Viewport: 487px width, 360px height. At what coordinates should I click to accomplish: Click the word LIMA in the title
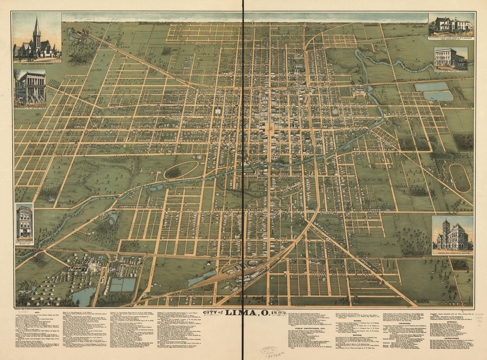(241, 312)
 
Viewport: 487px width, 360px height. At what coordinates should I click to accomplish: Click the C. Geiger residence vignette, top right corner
(451, 24)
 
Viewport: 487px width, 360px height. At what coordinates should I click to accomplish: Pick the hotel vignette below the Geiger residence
(450, 58)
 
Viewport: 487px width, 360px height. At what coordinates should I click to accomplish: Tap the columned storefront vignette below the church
(30, 87)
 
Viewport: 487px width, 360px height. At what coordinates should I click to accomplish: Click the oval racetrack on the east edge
(460, 178)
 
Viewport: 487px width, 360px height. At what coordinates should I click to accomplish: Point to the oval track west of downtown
(182, 170)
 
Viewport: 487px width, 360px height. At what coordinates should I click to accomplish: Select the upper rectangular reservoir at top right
(432, 87)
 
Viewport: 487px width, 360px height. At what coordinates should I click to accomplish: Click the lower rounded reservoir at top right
(438, 96)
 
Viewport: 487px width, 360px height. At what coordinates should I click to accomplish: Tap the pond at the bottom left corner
(83, 296)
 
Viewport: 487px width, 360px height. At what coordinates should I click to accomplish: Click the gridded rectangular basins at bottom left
(123, 285)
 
